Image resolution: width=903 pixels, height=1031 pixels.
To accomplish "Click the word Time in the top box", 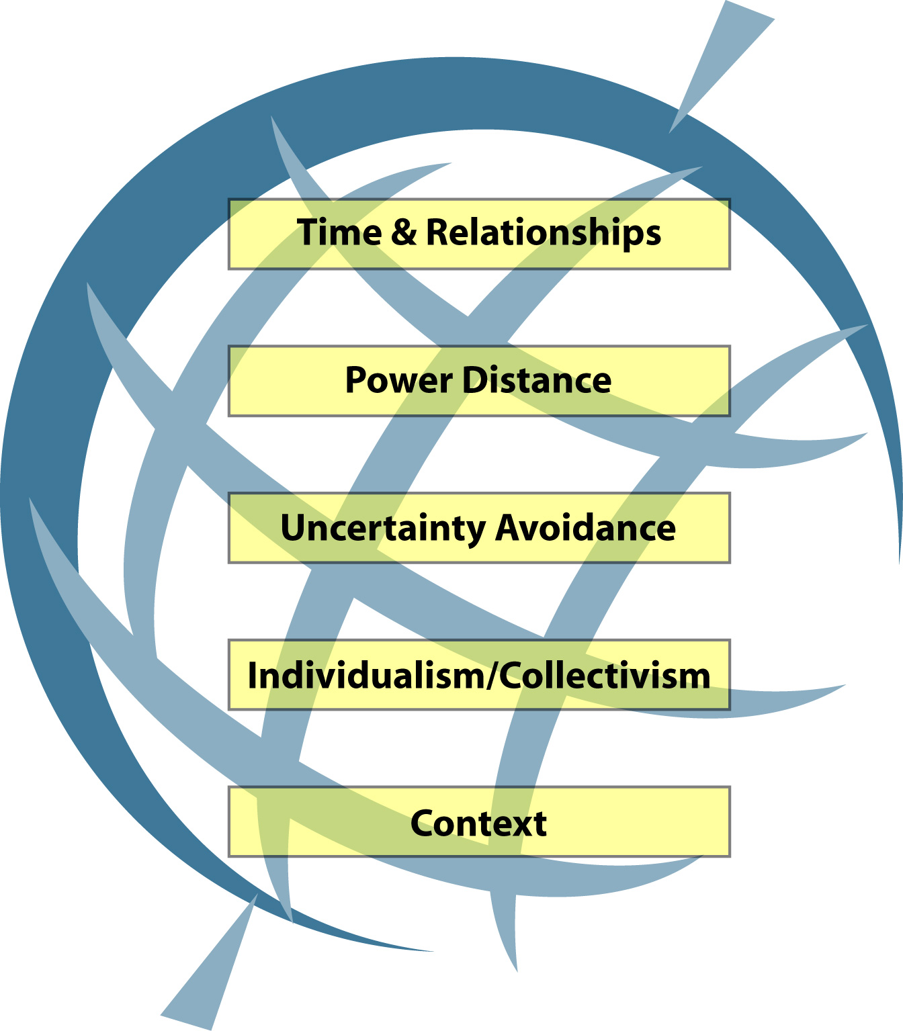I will point(339,232).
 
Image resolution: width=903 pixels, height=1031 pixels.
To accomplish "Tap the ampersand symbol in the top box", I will point(404,232).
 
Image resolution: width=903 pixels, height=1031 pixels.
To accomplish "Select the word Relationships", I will point(543,234).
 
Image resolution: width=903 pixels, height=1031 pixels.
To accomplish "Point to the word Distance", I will point(537,380).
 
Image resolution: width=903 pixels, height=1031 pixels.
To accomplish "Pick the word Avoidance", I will point(585,528).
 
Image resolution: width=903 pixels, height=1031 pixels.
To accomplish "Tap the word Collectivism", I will point(605,676).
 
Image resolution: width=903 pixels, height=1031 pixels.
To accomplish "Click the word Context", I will point(478,823).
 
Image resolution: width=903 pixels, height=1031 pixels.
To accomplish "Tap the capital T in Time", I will point(308,232).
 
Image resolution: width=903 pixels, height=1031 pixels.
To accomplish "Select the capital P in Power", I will point(355,380).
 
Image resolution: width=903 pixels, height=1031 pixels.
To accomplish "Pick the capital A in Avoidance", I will point(508,528).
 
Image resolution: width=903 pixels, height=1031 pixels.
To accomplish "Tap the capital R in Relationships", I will point(437,232).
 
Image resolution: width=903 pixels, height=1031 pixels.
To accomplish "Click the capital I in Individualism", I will point(253,676).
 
